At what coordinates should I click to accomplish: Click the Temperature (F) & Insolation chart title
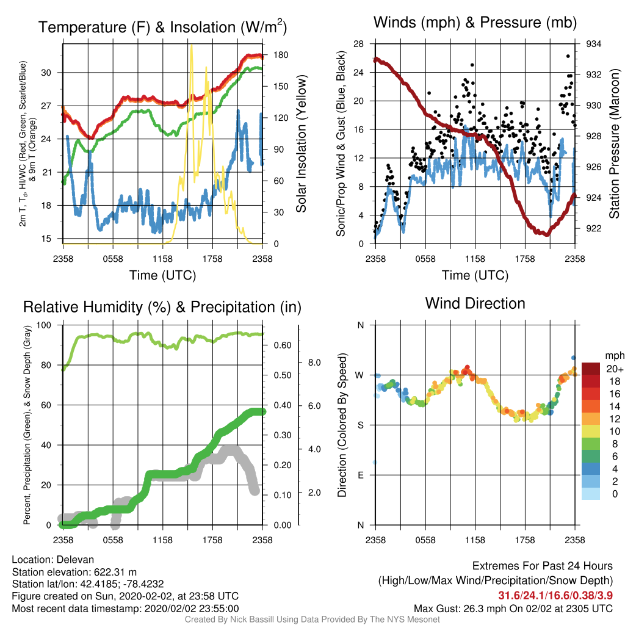pyautogui.click(x=162, y=27)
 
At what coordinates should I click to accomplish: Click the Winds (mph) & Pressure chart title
pyautogui.click(x=475, y=23)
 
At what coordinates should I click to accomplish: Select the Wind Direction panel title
pyautogui.click(x=475, y=303)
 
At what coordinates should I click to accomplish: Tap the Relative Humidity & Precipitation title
pyautogui.click(x=162, y=307)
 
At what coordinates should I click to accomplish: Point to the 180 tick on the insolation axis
pyautogui.click(x=281, y=55)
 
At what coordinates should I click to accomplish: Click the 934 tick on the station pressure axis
pyautogui.click(x=593, y=44)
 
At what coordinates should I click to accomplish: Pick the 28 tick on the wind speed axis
pyautogui.click(x=359, y=44)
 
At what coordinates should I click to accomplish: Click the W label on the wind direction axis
pyautogui.click(x=359, y=375)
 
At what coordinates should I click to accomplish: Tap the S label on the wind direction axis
pyautogui.click(x=360, y=425)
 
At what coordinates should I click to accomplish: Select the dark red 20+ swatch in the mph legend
pyautogui.click(x=591, y=369)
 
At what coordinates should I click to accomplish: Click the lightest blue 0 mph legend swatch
pyautogui.click(x=591, y=493)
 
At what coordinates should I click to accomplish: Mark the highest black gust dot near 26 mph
pyautogui.click(x=568, y=56)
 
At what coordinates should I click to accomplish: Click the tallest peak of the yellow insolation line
pyautogui.click(x=192, y=46)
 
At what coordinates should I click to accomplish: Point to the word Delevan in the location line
pyautogui.click(x=75, y=560)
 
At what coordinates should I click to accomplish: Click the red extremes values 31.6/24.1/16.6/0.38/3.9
pyautogui.click(x=555, y=596)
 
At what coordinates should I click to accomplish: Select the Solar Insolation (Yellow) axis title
pyautogui.click(x=302, y=144)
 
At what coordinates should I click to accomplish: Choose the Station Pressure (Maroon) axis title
pyautogui.click(x=615, y=144)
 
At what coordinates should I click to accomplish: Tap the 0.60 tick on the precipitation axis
pyautogui.click(x=282, y=345)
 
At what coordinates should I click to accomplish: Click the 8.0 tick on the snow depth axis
pyautogui.click(x=314, y=363)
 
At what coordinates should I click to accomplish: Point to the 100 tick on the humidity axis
pyautogui.click(x=44, y=325)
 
